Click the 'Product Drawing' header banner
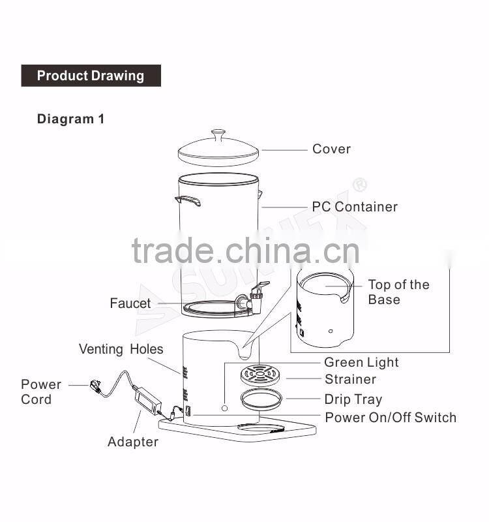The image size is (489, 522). coord(91,76)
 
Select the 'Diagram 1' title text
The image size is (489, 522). coord(71,119)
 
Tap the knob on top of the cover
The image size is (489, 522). coord(218,135)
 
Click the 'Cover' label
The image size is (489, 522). coord(331,149)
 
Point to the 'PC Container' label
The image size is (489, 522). coord(355,207)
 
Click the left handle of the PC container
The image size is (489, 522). coord(188,201)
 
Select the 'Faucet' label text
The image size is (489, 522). coord(130,303)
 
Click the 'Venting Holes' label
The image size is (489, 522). coord(121,349)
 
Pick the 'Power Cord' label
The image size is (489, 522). coord(41,391)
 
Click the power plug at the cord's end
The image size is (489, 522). coord(95,386)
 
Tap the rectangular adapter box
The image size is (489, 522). coord(148,401)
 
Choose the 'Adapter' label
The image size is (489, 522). coord(133,442)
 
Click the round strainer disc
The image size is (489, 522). coord(260,375)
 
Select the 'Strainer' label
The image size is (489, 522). coord(350,379)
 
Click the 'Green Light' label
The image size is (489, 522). coord(361,362)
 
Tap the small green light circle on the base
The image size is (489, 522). coord(224,408)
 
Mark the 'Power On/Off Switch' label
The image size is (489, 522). coord(391,418)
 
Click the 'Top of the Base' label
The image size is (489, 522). coord(398,292)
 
